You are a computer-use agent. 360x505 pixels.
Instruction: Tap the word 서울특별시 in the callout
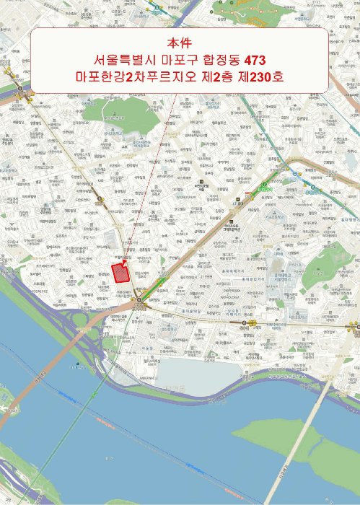pos(126,59)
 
